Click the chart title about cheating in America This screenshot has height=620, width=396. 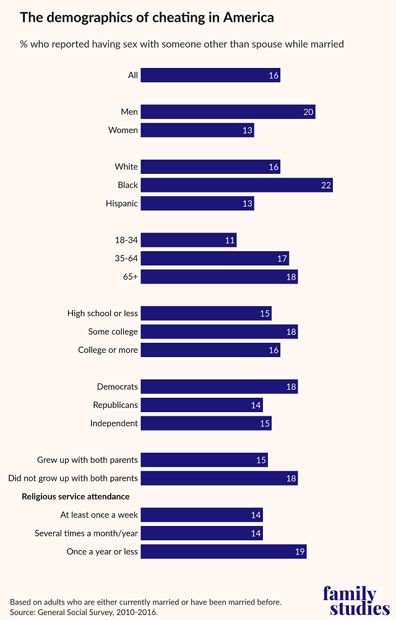(x=147, y=17)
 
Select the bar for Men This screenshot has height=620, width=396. (x=228, y=112)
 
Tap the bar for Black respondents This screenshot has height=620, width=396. (x=237, y=185)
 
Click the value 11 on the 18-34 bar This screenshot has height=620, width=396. (x=230, y=240)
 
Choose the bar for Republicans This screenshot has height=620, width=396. (x=202, y=405)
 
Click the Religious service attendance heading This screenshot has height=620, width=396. (x=75, y=496)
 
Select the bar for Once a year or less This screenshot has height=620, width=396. (x=224, y=551)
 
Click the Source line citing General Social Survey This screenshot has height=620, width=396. (x=84, y=612)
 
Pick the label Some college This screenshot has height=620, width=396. (x=113, y=332)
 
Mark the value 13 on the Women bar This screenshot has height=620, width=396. (x=247, y=131)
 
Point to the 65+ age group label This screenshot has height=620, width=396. (x=130, y=277)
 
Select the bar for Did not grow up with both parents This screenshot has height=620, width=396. (x=220, y=478)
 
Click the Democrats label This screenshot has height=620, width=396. (x=117, y=387)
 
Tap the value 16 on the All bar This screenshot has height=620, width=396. (x=273, y=76)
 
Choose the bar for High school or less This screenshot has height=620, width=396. (x=207, y=314)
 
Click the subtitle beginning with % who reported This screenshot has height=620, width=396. (x=182, y=44)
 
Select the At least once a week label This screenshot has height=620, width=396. (x=99, y=515)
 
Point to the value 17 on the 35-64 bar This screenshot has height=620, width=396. (x=282, y=259)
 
